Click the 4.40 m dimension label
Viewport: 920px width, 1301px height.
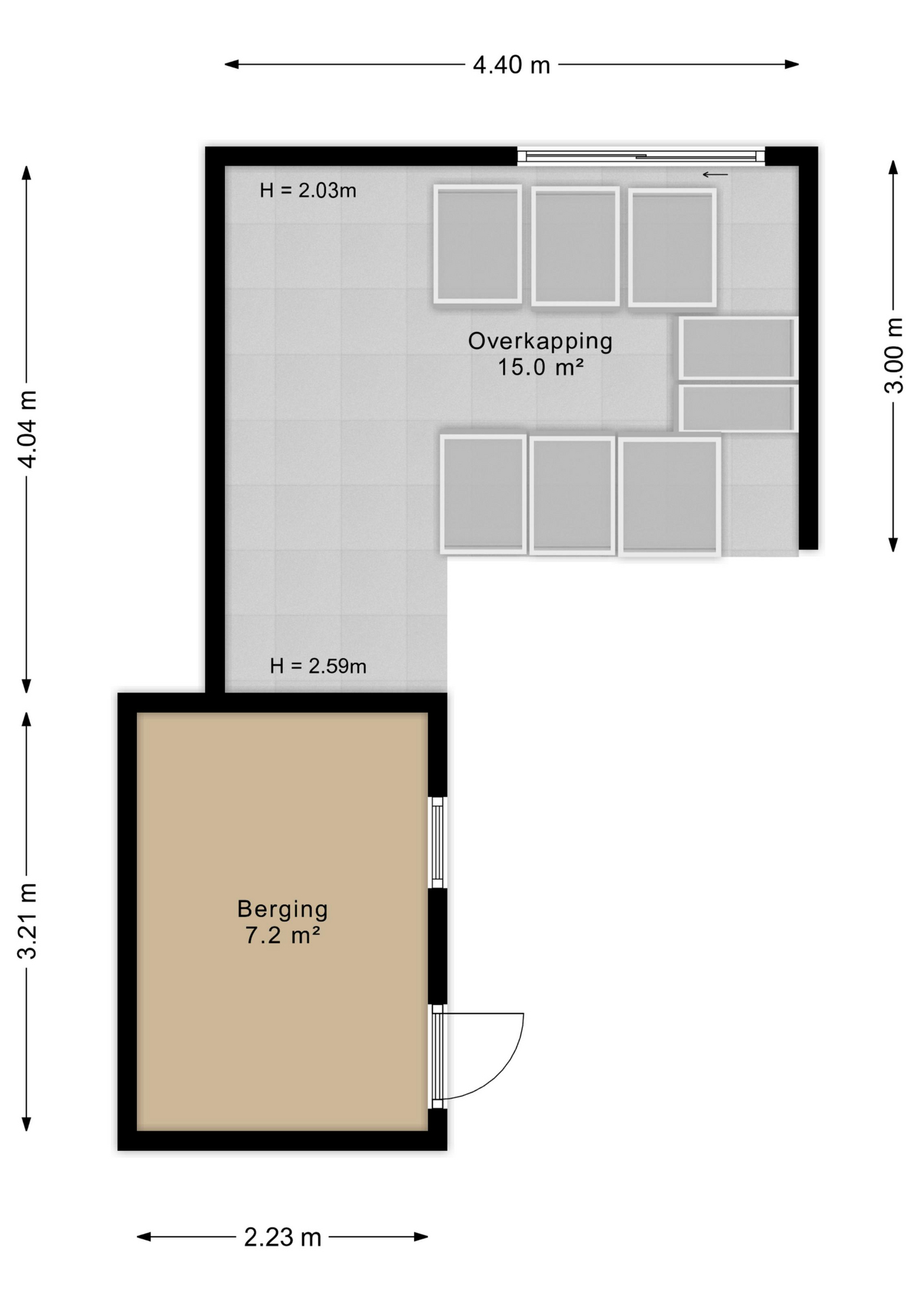coord(511,65)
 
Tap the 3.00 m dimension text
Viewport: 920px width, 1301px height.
coord(894,355)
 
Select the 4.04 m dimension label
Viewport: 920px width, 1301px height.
coord(27,428)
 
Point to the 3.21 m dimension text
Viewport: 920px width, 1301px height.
coord(27,921)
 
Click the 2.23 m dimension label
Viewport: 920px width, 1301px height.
coord(282,1237)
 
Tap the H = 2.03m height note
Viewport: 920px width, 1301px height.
coord(308,191)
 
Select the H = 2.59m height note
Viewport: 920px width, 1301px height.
coord(318,667)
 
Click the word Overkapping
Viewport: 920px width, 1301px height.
coord(540,341)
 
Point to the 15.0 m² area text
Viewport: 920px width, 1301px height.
coord(540,367)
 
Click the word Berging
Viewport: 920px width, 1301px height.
coord(283,909)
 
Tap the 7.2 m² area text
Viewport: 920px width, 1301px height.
coord(283,936)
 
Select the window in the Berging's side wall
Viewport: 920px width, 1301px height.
coord(438,842)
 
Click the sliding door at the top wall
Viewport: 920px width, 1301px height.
coord(640,157)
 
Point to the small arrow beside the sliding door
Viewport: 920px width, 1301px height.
coord(715,175)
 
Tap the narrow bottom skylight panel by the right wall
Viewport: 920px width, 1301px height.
coord(738,408)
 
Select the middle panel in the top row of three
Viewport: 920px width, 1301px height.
coord(575,246)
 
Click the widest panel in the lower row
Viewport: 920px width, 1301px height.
coord(669,496)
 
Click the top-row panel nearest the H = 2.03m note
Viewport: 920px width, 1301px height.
coord(478,245)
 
